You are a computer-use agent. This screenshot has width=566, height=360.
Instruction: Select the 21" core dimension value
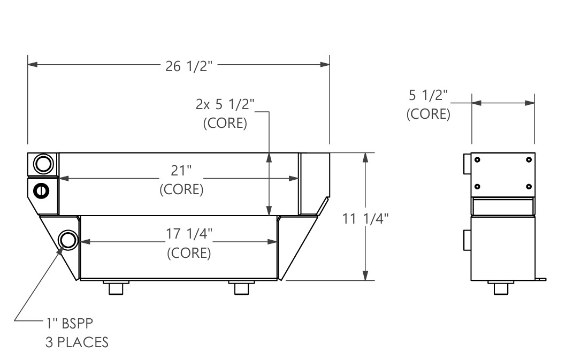click(x=181, y=172)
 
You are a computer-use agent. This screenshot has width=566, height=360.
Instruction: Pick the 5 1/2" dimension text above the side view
click(x=428, y=96)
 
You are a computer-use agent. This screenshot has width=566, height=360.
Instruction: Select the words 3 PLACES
click(x=77, y=341)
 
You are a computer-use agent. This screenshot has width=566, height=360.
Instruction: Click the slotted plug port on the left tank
click(x=41, y=190)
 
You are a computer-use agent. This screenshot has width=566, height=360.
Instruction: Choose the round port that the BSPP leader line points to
click(x=68, y=240)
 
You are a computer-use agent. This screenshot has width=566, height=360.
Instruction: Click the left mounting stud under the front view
click(x=116, y=288)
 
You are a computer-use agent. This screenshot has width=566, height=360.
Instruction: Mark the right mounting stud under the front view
click(x=242, y=288)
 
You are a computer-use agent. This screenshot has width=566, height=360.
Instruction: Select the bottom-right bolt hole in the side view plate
click(x=529, y=186)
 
